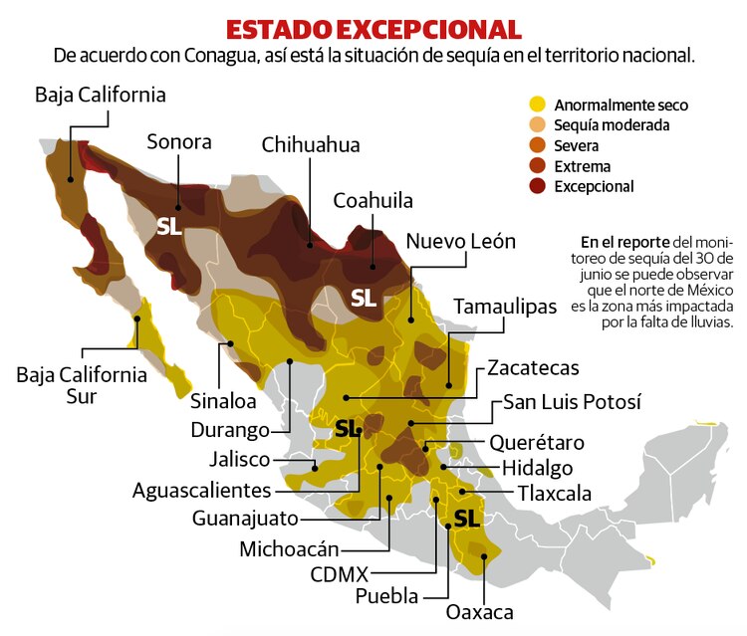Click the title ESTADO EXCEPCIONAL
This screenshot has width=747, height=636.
click(x=373, y=27)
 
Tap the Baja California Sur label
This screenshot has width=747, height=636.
click(x=82, y=385)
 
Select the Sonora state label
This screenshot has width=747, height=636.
click(x=179, y=141)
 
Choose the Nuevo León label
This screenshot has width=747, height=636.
click(x=461, y=242)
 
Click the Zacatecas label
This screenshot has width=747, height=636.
click(x=533, y=367)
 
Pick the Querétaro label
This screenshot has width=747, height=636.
click(x=537, y=442)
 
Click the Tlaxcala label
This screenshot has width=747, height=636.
click(x=554, y=493)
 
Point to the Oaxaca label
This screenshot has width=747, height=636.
click(x=479, y=611)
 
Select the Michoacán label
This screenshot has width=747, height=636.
click(x=289, y=548)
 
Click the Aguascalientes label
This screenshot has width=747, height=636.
click(x=202, y=490)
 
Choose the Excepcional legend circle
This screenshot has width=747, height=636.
click(x=538, y=186)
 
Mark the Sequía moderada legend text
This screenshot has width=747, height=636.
click(x=612, y=125)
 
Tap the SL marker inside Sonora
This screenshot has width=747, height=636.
click(x=169, y=226)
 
